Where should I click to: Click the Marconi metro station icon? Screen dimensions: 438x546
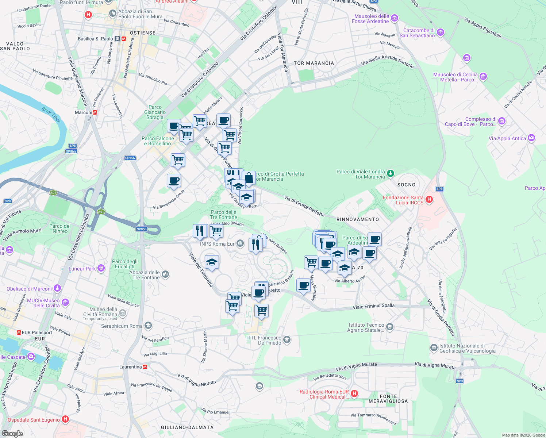tap(95, 112)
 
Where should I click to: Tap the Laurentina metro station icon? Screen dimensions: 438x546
tap(145, 367)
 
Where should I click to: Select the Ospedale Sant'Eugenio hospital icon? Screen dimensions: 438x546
tap(65, 419)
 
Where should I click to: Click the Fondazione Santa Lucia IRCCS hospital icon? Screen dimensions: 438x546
tap(429, 199)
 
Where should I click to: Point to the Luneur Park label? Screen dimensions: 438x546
tap(82, 269)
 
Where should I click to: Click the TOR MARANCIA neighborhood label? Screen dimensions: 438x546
tap(314, 63)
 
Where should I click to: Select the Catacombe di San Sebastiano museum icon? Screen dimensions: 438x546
tap(440, 33)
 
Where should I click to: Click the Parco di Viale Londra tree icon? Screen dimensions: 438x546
tap(391, 173)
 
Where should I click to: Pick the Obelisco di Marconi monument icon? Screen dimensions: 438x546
tap(57, 288)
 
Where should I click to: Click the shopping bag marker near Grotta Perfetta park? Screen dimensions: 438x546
tap(249, 178)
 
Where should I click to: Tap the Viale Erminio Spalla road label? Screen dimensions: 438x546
tap(373, 306)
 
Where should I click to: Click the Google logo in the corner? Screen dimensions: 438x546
tap(12, 433)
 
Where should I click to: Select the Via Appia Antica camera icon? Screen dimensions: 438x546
tap(531, 138)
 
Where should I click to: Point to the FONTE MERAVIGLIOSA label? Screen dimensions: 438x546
tap(388, 399)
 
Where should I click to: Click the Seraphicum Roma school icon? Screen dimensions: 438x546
tap(148, 326)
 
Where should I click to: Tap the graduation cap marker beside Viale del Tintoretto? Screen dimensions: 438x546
tap(212, 262)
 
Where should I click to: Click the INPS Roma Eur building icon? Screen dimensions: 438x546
tap(240, 243)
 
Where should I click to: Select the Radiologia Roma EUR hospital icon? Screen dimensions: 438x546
tap(354, 394)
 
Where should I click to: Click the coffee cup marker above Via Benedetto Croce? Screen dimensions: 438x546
tap(174, 181)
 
